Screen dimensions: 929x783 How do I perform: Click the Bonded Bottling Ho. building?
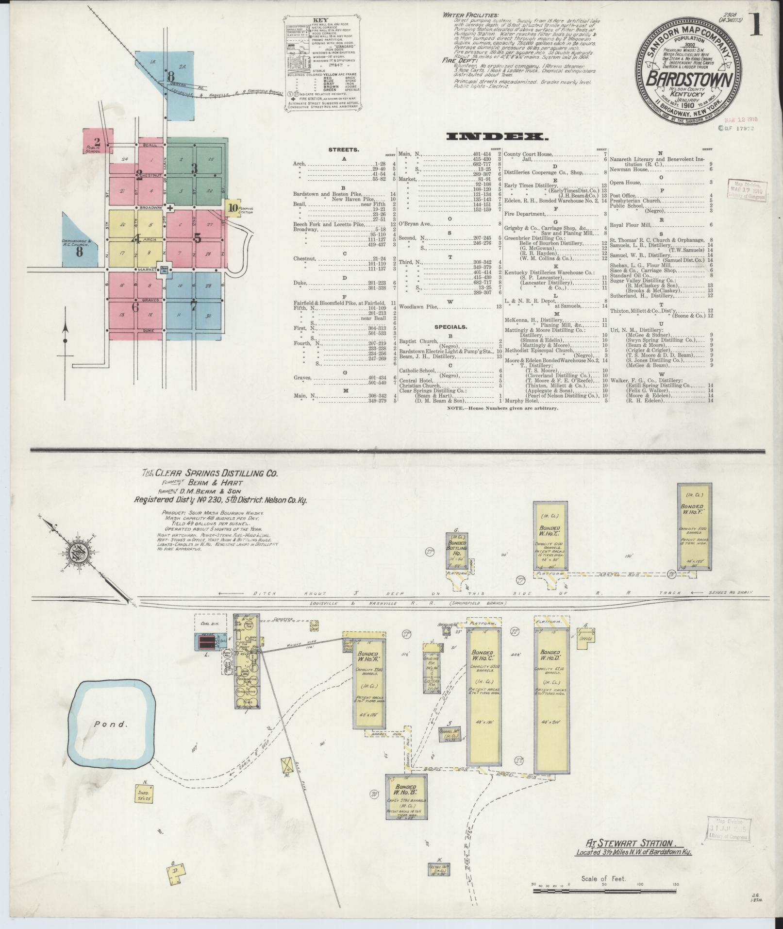click(x=457, y=551)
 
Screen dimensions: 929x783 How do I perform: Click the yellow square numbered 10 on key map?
click(x=233, y=208)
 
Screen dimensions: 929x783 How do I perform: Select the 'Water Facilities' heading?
click(x=467, y=15)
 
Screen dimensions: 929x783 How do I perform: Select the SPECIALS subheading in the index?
click(x=451, y=327)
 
